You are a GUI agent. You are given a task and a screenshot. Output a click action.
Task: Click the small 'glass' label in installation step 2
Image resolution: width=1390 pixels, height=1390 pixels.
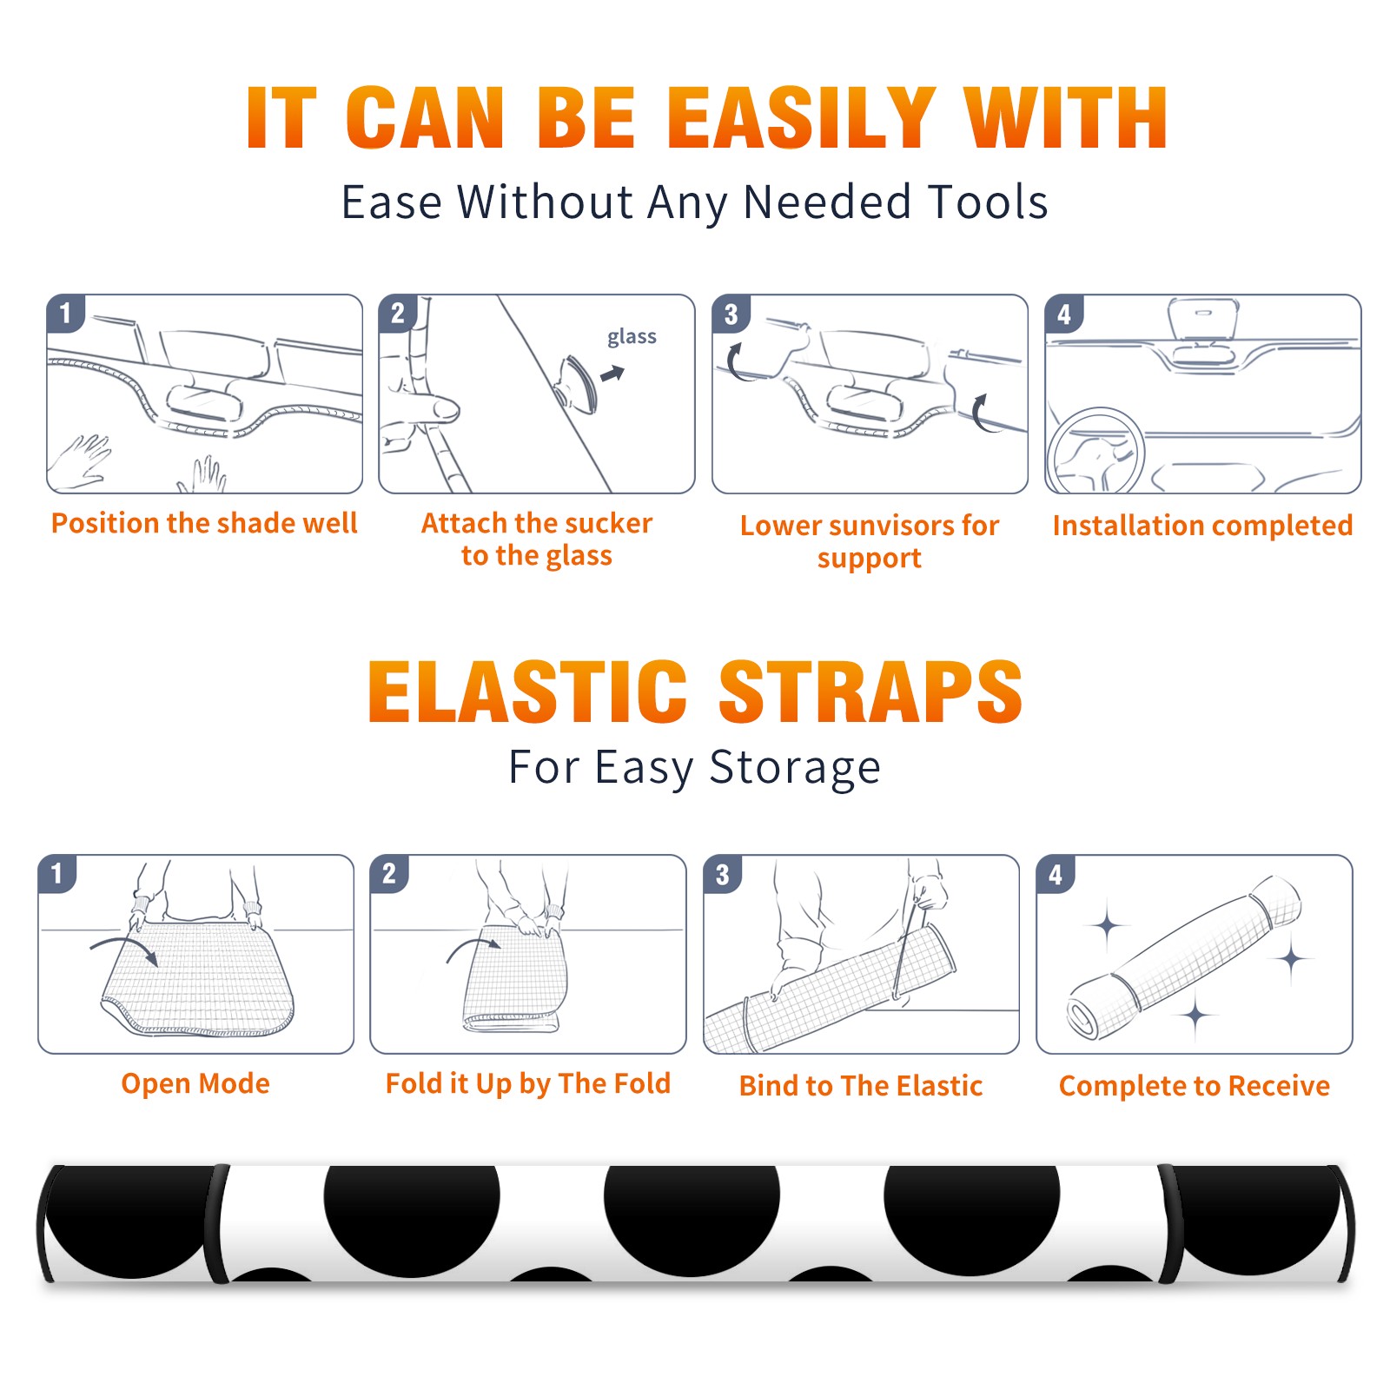(632, 337)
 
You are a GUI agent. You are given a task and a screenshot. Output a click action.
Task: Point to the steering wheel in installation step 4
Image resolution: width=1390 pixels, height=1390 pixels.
(1095, 451)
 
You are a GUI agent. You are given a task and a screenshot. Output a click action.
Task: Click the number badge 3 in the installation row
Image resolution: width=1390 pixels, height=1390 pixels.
(731, 314)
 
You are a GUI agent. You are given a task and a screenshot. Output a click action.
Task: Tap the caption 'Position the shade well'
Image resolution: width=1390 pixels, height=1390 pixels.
(204, 523)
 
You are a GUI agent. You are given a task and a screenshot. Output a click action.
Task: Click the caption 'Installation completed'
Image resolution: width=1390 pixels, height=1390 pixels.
(1202, 526)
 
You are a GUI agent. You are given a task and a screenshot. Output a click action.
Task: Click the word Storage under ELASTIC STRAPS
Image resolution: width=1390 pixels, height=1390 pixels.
(795, 768)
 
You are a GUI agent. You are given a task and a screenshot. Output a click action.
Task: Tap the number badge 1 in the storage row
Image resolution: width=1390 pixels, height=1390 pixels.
(57, 873)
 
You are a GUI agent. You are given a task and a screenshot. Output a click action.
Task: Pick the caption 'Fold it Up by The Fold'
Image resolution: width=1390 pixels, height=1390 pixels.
(528, 1084)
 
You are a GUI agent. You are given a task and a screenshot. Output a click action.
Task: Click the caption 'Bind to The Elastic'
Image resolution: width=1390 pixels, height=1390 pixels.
(861, 1086)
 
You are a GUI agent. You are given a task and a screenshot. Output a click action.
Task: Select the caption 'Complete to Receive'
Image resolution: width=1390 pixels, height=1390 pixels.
(1195, 1086)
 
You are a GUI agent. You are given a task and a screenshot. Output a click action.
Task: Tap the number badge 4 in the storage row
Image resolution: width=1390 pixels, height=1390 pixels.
(1056, 874)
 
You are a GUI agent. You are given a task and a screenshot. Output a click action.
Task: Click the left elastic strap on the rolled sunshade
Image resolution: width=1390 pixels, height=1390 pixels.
(216, 1223)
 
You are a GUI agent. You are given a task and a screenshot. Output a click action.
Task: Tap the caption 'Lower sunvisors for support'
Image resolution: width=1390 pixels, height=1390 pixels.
(870, 541)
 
